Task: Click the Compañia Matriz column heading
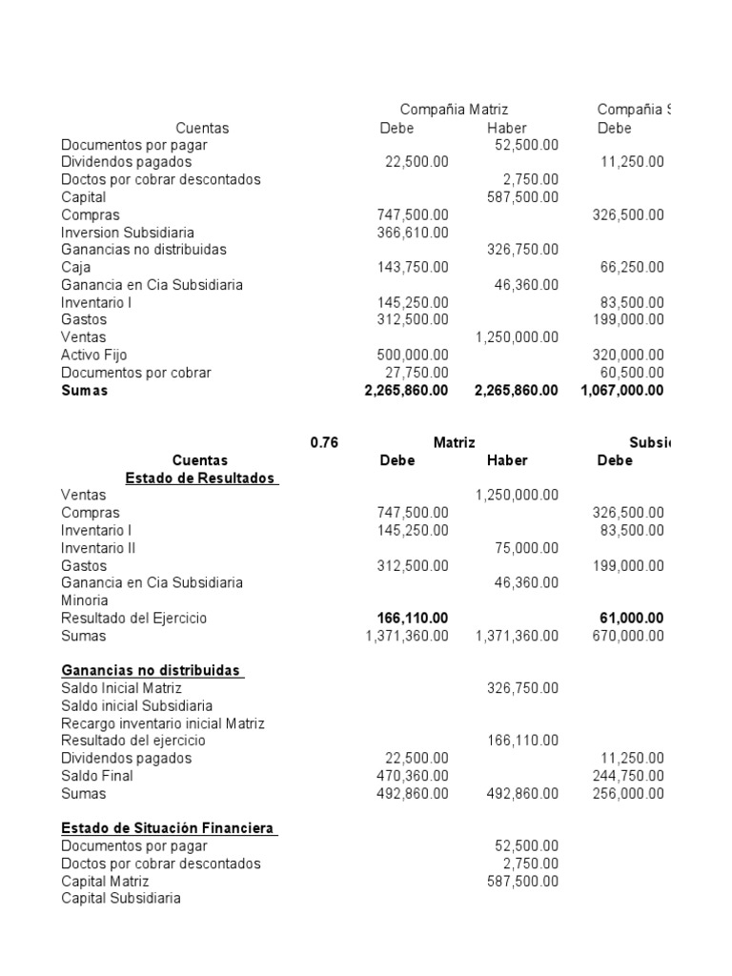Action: [x=454, y=111]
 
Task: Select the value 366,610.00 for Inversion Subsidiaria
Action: [x=414, y=233]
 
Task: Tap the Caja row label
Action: [x=76, y=268]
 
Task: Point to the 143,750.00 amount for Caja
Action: [x=414, y=268]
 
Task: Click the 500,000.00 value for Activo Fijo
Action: [x=414, y=355]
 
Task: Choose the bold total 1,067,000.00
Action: [x=621, y=390]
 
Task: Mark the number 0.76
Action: [x=324, y=442]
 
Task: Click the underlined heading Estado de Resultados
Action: [x=201, y=478]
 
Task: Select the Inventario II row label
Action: [x=98, y=548]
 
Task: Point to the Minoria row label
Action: [x=85, y=600]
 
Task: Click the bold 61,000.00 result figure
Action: [x=632, y=618]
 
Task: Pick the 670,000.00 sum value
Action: [x=628, y=636]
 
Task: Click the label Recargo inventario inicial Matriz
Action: [x=163, y=723]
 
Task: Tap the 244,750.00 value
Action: [x=628, y=776]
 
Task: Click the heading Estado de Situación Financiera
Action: [x=170, y=828]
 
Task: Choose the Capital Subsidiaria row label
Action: [x=120, y=898]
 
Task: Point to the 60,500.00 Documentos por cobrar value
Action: [x=632, y=373]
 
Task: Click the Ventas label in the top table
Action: [x=84, y=337]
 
